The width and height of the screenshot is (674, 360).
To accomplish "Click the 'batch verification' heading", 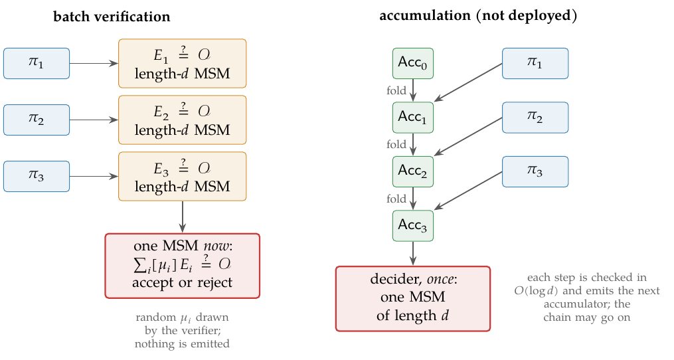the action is pyautogui.click(x=112, y=17).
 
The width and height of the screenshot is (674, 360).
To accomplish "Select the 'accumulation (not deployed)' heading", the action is pyautogui.click(x=478, y=15).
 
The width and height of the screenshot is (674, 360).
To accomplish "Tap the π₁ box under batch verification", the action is pyautogui.click(x=37, y=63).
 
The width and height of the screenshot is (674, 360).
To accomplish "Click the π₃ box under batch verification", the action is pyautogui.click(x=37, y=176).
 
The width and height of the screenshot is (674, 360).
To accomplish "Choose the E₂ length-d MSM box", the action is pyautogui.click(x=182, y=120).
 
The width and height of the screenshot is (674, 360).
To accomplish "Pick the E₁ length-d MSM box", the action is pyautogui.click(x=182, y=63).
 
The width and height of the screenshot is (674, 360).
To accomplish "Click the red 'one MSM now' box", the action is pyautogui.click(x=182, y=266).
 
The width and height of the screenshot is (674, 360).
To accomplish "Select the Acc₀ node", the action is pyautogui.click(x=412, y=63).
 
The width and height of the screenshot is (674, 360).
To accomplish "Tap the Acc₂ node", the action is pyautogui.click(x=412, y=171).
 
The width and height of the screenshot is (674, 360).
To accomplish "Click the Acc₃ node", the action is pyautogui.click(x=412, y=226).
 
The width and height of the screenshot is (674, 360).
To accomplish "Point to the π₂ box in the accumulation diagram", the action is pyautogui.click(x=535, y=118).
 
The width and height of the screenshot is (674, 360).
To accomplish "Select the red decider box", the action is pyautogui.click(x=412, y=298).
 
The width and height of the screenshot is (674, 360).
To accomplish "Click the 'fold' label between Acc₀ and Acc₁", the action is pyautogui.click(x=396, y=91).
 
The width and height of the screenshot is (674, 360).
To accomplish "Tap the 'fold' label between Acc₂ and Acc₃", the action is pyautogui.click(x=396, y=199).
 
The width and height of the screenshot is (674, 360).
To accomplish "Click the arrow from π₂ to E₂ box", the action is pyautogui.click(x=94, y=120).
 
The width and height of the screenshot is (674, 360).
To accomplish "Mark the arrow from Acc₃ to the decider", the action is pyautogui.click(x=412, y=253).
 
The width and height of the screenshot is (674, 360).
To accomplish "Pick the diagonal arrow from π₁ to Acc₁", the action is pyautogui.click(x=468, y=82).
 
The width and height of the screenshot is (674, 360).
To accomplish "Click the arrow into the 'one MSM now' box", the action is pyautogui.click(x=182, y=217).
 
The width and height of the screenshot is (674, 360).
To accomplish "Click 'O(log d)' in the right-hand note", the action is pyautogui.click(x=536, y=291).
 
